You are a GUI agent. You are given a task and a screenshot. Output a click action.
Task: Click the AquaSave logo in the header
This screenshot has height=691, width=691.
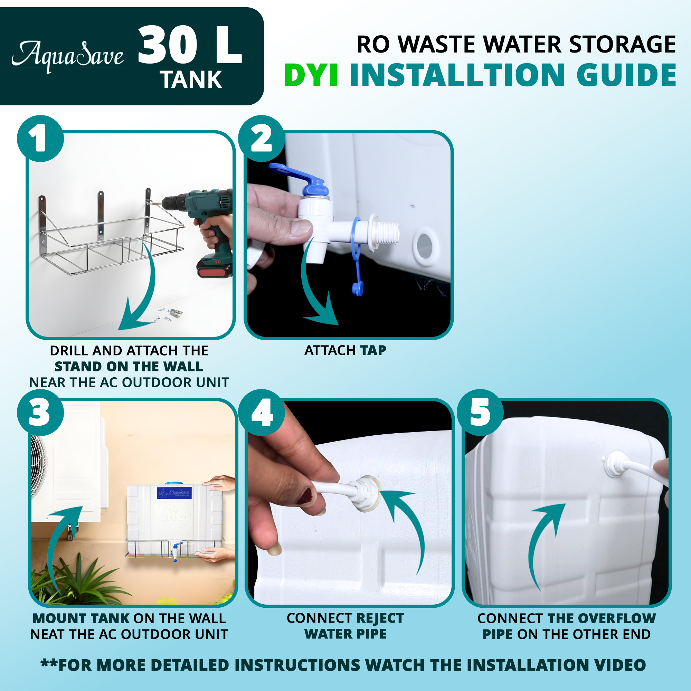point(68,57)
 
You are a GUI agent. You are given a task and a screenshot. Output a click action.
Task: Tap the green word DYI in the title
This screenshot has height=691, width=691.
point(311,75)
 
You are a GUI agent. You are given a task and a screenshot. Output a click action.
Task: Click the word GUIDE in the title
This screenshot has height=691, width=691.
point(626,75)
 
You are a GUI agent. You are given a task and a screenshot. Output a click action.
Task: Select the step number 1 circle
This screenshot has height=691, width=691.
point(40,139)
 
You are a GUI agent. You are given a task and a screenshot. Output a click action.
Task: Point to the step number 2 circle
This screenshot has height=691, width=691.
point(262,139)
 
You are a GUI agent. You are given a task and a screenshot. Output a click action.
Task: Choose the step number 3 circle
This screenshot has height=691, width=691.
point(40,413)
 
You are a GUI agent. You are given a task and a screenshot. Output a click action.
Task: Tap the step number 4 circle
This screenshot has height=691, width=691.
point(262,413)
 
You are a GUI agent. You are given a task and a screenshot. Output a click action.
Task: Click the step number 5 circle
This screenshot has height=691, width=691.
point(480,413)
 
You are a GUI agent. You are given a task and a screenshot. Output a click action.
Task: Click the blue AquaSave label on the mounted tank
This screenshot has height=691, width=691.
point(174,493)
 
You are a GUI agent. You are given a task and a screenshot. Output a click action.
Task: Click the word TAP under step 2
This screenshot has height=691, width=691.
point(373,350)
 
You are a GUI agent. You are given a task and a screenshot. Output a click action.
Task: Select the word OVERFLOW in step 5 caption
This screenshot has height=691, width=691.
point(617,618)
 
